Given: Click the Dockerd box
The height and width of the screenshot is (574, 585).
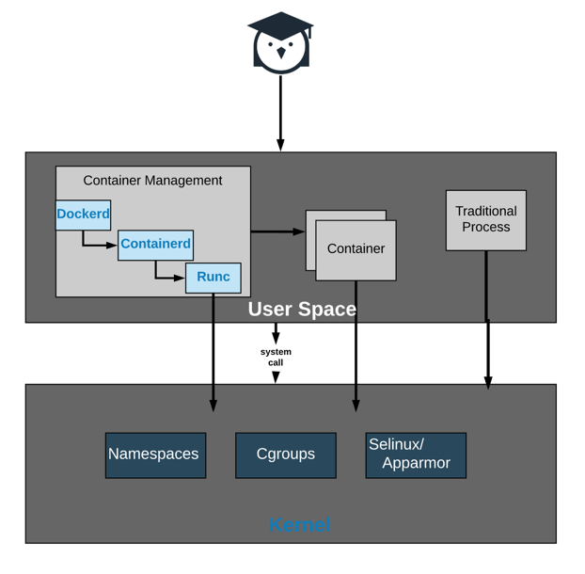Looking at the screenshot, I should point(83,215).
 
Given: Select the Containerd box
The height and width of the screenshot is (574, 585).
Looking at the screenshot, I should point(155,245).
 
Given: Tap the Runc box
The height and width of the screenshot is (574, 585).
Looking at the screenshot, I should point(213,278).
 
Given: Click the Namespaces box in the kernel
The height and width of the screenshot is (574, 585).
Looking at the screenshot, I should point(155,455).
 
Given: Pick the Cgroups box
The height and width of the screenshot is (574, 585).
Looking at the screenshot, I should point(285,455).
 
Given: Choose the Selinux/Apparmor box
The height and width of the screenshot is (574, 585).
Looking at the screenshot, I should point(416,455).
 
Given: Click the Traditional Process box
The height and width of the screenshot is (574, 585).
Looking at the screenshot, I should point(485,220).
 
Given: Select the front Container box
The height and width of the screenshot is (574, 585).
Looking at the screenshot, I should point(356,250).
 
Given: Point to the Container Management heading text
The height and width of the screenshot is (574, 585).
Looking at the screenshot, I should point(152,181).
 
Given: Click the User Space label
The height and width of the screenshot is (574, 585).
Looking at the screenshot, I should point(302,310).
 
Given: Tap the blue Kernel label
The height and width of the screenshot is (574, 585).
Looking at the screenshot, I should point(299,525).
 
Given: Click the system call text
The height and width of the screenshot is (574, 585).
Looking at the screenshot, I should point(276,357).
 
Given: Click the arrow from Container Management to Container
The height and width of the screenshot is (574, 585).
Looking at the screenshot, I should point(277,231).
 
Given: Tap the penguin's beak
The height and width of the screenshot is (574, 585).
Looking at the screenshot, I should point(280,54).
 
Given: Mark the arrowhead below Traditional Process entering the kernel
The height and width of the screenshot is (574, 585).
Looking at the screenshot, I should point(487,382).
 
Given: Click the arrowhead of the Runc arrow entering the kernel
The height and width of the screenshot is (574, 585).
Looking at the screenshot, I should point(213,405).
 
